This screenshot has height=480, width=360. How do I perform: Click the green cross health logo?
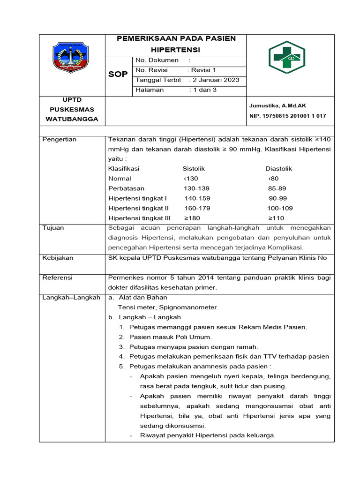pos(286,58)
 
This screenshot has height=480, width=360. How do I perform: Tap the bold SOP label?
pos(118,75)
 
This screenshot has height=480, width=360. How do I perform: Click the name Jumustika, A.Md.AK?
pos(277,106)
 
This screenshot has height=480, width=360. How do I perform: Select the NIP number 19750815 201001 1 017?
pos(287,116)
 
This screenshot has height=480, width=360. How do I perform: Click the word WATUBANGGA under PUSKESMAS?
pos(72,119)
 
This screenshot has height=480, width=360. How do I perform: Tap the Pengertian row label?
pos(60,140)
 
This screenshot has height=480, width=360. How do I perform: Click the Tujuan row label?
pos(53,228)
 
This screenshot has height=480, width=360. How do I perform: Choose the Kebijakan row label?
pos(58,258)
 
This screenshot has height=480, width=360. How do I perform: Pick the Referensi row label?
pos(58,278)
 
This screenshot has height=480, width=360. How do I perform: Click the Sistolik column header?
pos(194,169)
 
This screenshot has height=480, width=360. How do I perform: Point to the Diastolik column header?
pos(278,169)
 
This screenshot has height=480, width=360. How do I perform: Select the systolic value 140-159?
pos(197,198)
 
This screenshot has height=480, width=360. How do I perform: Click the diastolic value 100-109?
pos(280,208)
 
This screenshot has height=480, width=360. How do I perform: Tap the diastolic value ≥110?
pos(276,218)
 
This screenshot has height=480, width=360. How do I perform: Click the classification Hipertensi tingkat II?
pos(138,208)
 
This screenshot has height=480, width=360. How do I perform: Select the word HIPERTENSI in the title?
pos(175,49)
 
